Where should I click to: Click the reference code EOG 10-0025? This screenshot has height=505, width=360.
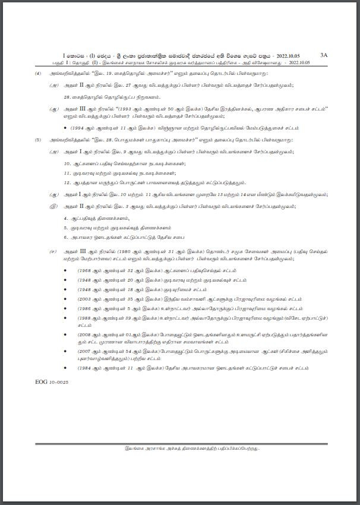pos(52,382)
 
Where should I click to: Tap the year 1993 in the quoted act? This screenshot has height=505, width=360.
pos(126,110)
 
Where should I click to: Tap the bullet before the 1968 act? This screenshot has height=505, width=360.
pos(65,270)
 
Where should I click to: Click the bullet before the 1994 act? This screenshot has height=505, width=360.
pos(65,128)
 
